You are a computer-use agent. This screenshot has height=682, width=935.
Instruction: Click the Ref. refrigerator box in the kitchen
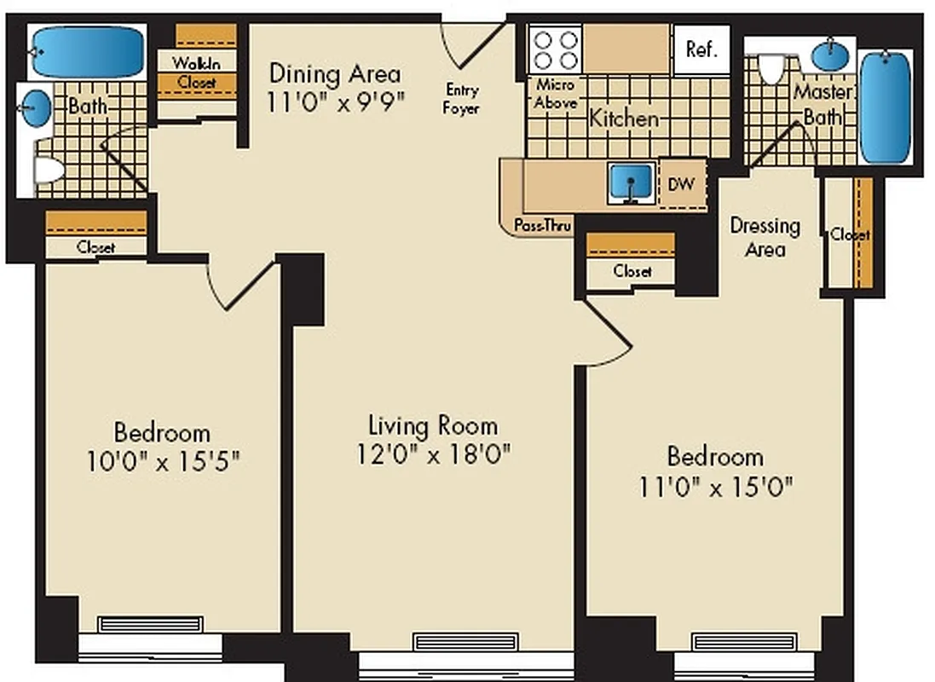(x=701, y=49)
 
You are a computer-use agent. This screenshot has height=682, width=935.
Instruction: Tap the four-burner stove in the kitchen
(x=555, y=49)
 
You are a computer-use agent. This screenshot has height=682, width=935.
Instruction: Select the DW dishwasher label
(x=681, y=184)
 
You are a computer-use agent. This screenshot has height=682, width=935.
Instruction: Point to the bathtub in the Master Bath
(x=885, y=107)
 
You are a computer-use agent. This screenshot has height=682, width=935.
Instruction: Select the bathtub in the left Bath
(x=88, y=52)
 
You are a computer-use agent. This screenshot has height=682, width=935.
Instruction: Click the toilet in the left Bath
(x=47, y=170)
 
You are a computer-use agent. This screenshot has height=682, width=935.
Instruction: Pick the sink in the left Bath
(x=36, y=108)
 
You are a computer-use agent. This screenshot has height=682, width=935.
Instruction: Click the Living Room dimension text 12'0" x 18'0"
(x=433, y=454)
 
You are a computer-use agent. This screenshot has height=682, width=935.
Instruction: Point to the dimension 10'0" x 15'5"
(x=162, y=461)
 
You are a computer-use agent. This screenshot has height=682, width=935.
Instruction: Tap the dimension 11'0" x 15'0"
(x=716, y=487)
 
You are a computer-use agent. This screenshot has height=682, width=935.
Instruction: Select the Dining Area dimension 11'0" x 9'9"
(x=334, y=101)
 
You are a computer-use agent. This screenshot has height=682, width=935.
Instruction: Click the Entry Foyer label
(x=461, y=99)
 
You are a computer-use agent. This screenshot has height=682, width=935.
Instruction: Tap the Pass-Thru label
(x=542, y=225)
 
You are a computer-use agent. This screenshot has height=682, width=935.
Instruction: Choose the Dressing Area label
(x=765, y=237)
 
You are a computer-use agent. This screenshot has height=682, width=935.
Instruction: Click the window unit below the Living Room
(x=465, y=642)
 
